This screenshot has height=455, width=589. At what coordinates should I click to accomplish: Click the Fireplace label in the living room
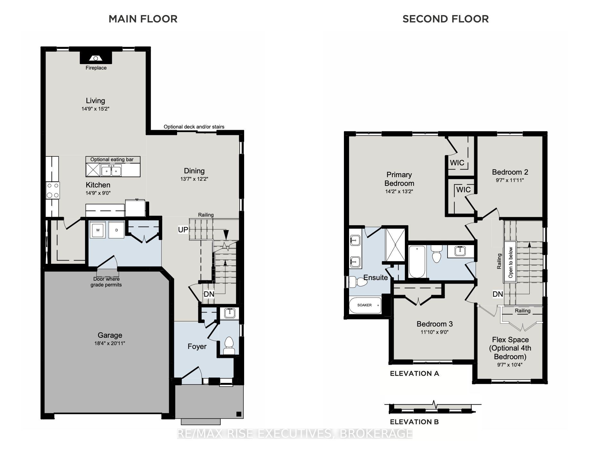click(96, 68)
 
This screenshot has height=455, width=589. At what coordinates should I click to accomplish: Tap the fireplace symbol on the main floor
click(96, 58)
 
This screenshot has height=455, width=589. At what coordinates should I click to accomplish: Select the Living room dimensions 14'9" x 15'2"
click(95, 109)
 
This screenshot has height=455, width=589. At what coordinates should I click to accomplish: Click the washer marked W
click(98, 230)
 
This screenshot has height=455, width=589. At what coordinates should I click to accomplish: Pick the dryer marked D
click(116, 230)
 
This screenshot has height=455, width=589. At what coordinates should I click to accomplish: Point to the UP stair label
click(183, 229)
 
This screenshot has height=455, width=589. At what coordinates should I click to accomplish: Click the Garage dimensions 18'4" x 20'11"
click(110, 343)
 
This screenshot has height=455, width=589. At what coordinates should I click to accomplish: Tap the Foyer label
click(197, 346)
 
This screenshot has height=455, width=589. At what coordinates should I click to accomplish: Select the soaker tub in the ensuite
click(365, 305)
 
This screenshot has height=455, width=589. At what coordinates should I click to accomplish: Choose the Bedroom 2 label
click(510, 172)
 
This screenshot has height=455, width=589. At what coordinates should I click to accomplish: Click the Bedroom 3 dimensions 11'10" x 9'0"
click(434, 332)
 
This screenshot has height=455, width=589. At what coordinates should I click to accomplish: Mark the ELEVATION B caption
click(414, 422)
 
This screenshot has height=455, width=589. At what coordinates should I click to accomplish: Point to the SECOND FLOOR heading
click(446, 19)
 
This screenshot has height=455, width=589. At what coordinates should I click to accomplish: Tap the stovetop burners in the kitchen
click(53, 190)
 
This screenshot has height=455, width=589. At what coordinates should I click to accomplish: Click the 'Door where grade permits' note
click(106, 282)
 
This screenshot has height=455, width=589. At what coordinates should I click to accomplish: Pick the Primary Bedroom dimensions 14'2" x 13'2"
click(399, 192)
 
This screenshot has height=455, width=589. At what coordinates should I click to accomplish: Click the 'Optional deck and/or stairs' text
click(194, 127)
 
